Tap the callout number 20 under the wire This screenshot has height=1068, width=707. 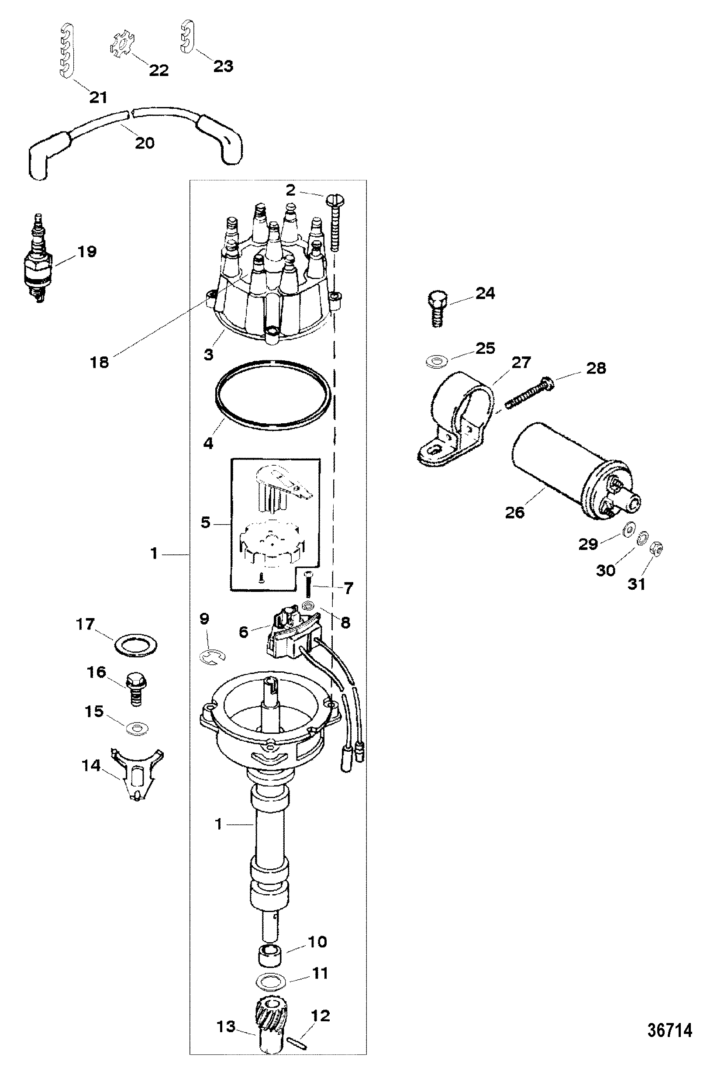[x=144, y=143]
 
